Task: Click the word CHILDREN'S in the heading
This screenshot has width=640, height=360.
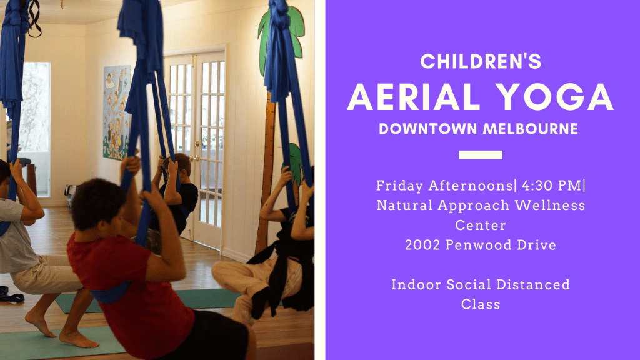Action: [x=481, y=61]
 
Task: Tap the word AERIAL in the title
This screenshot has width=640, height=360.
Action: [x=414, y=97]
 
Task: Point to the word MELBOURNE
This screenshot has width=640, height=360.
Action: [x=531, y=129]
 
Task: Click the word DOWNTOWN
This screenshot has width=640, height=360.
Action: [x=428, y=129]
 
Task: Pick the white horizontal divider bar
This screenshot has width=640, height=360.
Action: [x=481, y=155]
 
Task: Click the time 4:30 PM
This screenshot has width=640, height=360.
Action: [x=551, y=186]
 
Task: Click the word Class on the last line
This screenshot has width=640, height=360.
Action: [x=481, y=304]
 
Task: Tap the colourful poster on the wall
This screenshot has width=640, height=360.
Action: [x=117, y=112]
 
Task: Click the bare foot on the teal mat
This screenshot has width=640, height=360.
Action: [x=77, y=339]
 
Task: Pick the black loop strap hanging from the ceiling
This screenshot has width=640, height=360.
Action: [x=34, y=18]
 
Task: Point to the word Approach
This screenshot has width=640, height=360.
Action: [x=474, y=206]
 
